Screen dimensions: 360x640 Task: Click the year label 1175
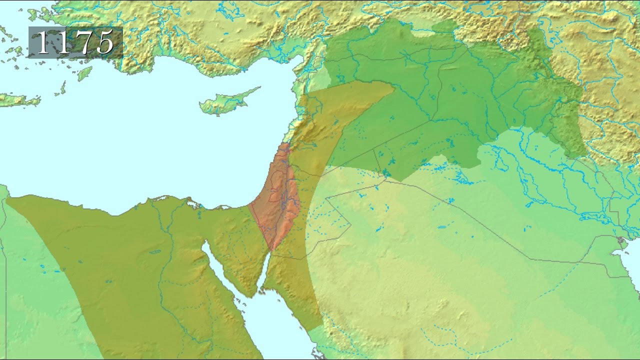pos(75,43)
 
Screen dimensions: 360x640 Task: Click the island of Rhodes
pos(84,73)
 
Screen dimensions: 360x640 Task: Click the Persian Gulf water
pos(627,265)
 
